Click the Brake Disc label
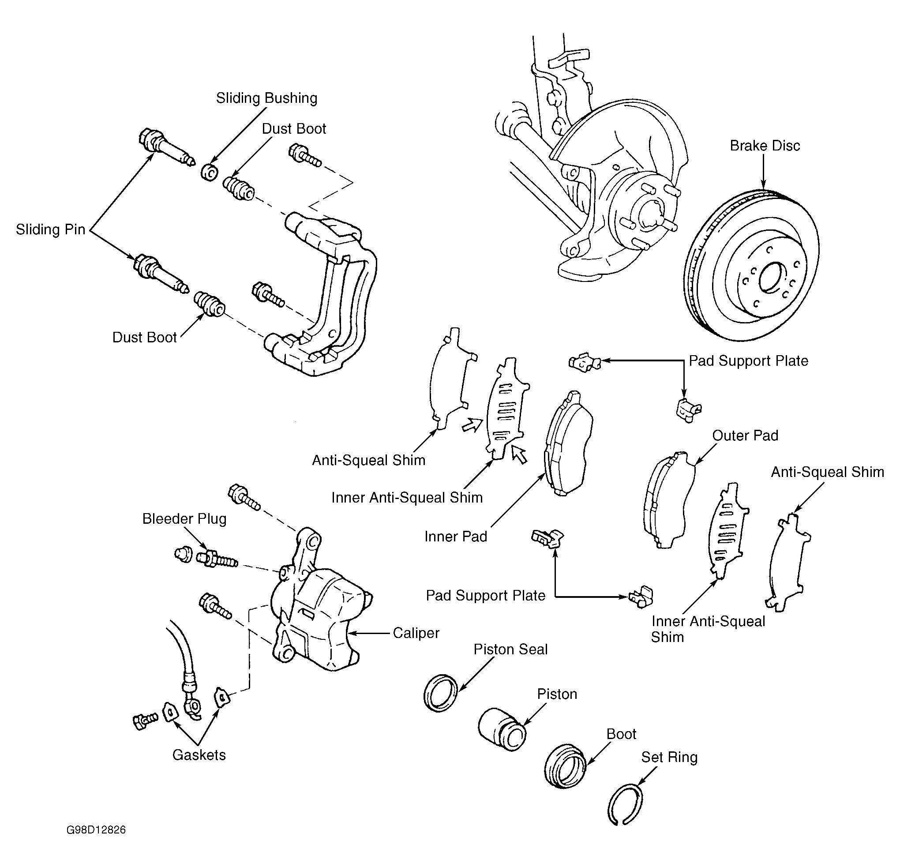click(765, 146)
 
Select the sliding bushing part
click(210, 172)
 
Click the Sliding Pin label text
click(50, 229)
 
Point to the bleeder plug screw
click(216, 559)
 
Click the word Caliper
click(416, 633)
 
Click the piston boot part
click(565, 767)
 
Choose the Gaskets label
click(199, 755)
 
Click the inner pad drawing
click(568, 443)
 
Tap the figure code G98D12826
click(96, 830)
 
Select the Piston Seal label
click(510, 649)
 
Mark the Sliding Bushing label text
click(267, 98)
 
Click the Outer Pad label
click(745, 435)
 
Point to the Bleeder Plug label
click(184, 519)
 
